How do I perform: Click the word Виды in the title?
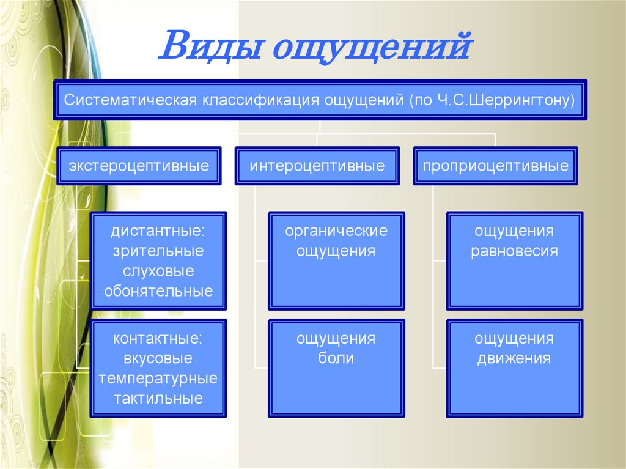click(x=210, y=45)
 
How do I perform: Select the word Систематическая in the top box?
click(x=131, y=100)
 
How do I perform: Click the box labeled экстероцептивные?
click(x=139, y=166)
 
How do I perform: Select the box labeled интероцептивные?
click(x=317, y=166)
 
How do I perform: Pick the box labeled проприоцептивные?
click(x=495, y=166)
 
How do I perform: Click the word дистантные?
click(x=158, y=231)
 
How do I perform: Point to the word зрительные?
click(x=158, y=251)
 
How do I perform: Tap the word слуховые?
click(x=158, y=271)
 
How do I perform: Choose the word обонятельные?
click(x=158, y=291)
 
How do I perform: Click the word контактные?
click(x=158, y=339)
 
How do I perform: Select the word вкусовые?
click(x=158, y=358)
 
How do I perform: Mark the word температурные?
click(x=158, y=379)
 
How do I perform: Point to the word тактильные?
click(x=158, y=399)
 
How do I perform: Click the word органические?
click(x=336, y=231)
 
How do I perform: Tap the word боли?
click(x=336, y=358)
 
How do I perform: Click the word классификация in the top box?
click(x=260, y=100)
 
